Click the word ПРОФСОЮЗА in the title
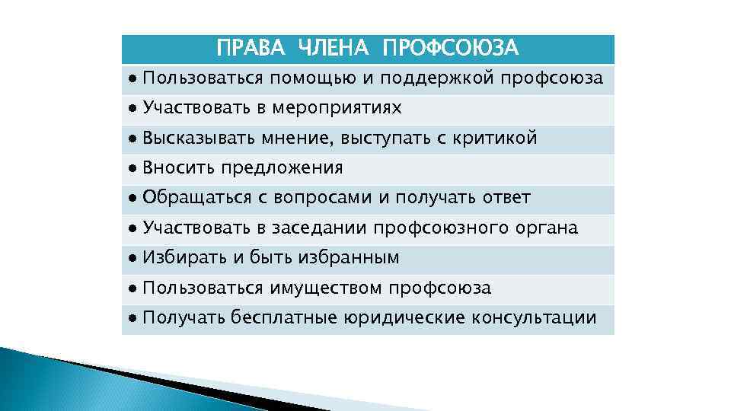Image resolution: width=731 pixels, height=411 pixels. (x=450, y=49)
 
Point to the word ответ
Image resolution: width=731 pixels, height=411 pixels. (x=506, y=198)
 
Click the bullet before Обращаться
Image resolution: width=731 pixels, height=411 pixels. (x=132, y=198)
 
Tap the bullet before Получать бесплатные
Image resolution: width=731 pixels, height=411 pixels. (x=132, y=317)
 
